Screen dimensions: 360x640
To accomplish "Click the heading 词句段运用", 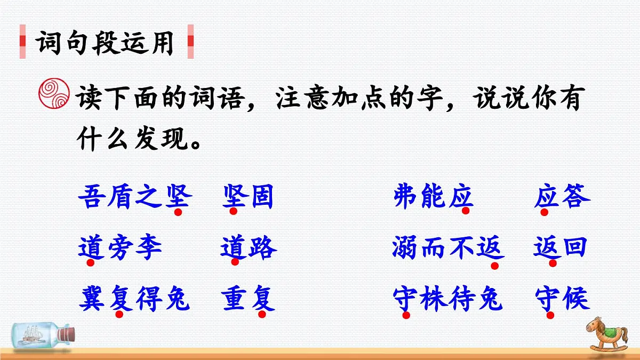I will [106, 42].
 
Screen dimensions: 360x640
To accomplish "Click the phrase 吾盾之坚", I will [134, 197].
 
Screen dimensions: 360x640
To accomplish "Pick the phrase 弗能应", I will [433, 197].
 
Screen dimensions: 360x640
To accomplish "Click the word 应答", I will [562, 197].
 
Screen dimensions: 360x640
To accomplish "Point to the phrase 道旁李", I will [120, 248].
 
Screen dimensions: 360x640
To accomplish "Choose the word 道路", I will [249, 248].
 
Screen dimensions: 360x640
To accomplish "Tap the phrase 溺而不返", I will [448, 248].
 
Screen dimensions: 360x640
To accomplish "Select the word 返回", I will [561, 248].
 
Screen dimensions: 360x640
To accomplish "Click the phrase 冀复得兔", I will [134, 299].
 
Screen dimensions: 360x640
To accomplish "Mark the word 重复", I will [249, 299].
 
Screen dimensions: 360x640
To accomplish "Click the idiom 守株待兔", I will [448, 299].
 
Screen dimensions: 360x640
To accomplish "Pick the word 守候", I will [562, 299].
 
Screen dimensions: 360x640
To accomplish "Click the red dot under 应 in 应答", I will [545, 212].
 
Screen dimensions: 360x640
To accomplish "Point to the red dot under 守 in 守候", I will [550, 315].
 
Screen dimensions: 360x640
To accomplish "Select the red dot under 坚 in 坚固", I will [233, 212].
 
